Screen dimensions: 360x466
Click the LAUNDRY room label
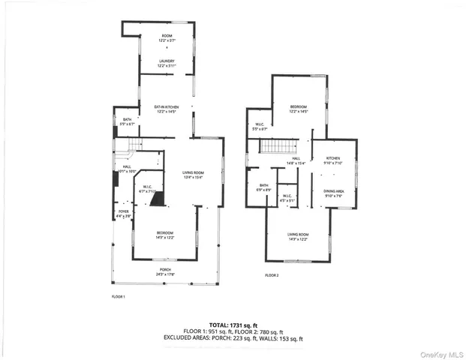[166, 64]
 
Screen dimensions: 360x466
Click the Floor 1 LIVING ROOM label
[193, 175]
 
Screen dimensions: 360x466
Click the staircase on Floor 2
[279, 146]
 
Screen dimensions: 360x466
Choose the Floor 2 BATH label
[264, 187]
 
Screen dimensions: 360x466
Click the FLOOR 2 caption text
[271, 276]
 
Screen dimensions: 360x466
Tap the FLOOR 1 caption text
[118, 297]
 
